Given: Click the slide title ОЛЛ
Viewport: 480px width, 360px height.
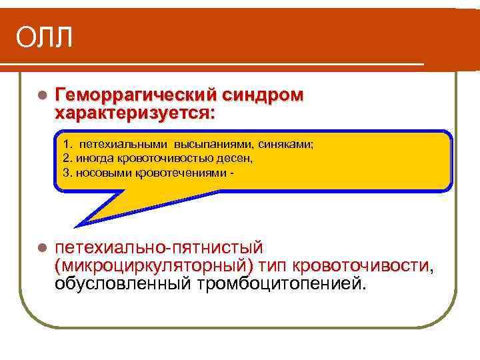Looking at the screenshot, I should (44, 38).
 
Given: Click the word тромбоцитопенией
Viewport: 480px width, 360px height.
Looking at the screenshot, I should (282, 284).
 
